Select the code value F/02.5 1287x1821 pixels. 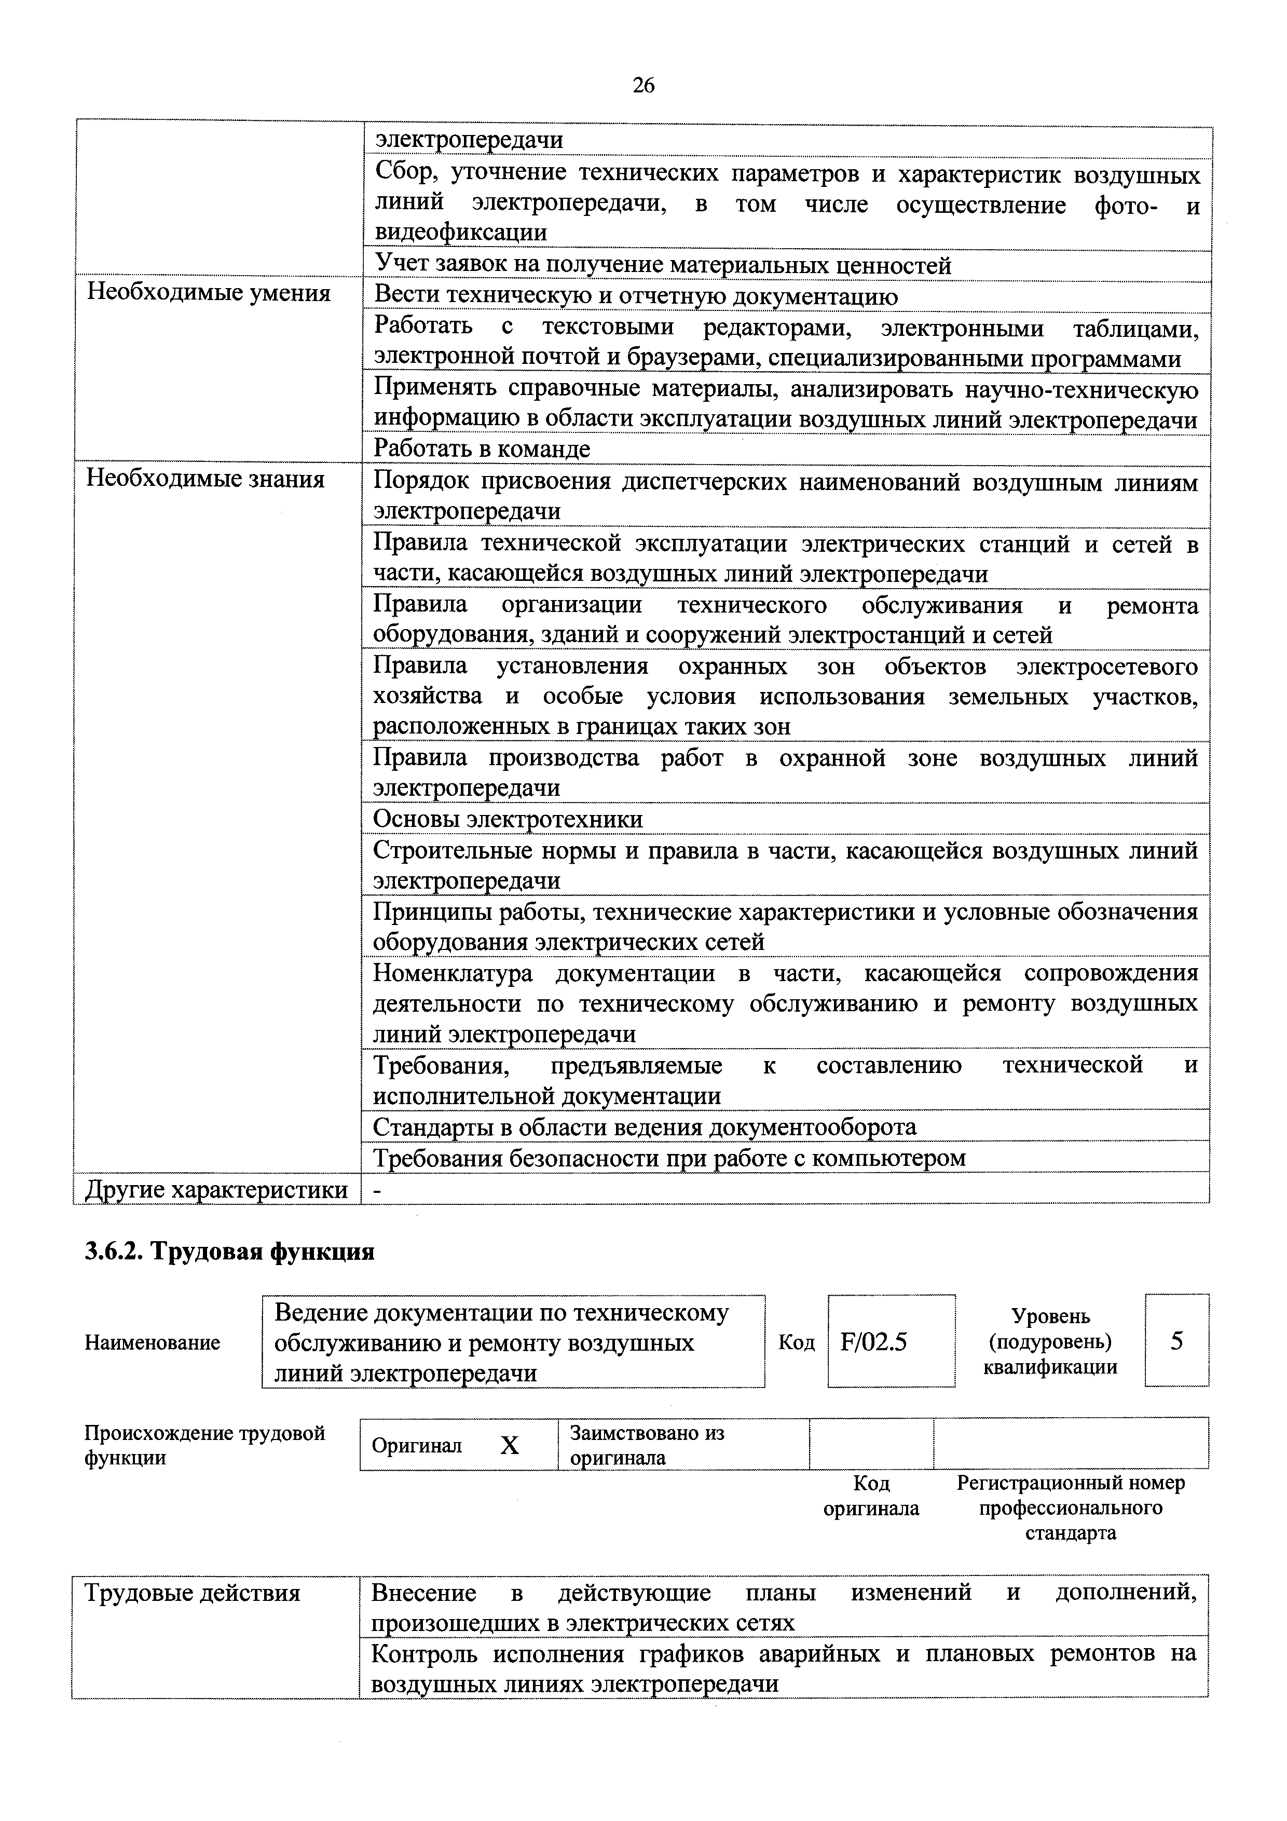(874, 1342)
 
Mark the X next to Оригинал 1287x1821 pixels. (509, 1446)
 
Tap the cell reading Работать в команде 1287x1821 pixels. (482, 450)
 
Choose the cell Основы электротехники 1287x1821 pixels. (508, 819)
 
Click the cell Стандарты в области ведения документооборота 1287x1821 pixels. (644, 1127)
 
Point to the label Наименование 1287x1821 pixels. (152, 1343)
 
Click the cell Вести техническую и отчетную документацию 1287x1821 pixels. (636, 296)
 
